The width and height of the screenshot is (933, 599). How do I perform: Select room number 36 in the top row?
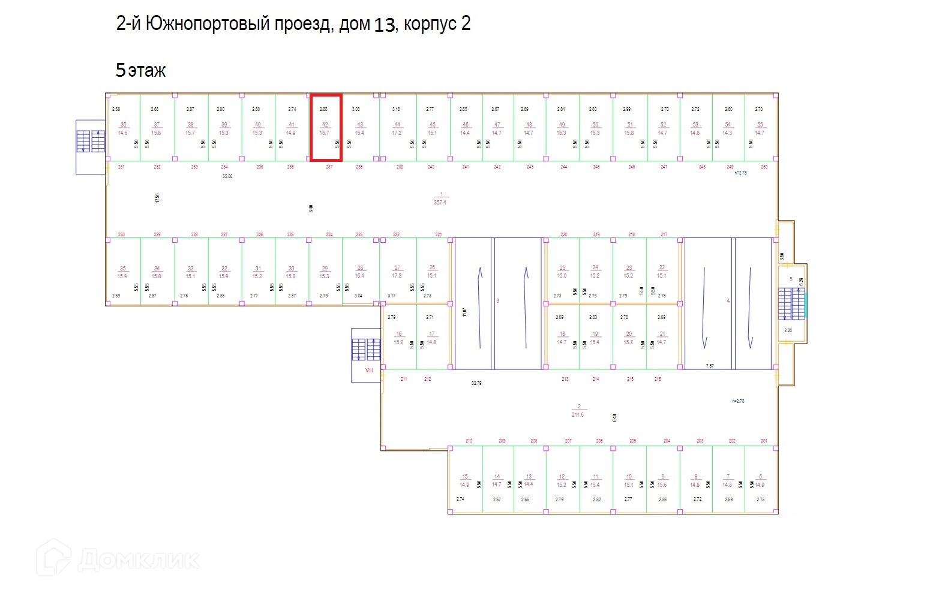(123, 125)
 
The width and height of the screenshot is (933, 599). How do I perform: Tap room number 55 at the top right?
(760, 125)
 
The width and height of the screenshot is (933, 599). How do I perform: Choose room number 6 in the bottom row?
(760, 477)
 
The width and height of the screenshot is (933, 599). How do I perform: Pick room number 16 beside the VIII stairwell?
(399, 334)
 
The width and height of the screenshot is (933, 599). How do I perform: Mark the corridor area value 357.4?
(440, 203)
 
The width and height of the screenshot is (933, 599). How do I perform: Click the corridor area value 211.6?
(578, 414)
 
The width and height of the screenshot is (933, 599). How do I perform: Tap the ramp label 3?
(497, 300)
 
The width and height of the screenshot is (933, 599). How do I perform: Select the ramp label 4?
(728, 300)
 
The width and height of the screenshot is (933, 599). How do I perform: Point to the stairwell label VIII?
(369, 370)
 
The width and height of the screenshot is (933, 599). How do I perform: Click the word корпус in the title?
(428, 24)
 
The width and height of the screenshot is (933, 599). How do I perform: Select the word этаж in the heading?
(147, 71)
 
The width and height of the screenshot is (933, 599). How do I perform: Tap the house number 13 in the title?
(385, 25)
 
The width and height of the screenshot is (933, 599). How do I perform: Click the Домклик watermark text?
(138, 560)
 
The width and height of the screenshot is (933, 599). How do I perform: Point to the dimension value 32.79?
(476, 383)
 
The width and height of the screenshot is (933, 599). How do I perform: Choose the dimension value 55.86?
(227, 177)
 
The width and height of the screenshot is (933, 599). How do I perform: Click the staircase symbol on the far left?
(91, 142)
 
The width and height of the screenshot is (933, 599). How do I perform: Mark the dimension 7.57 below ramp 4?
(710, 365)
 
